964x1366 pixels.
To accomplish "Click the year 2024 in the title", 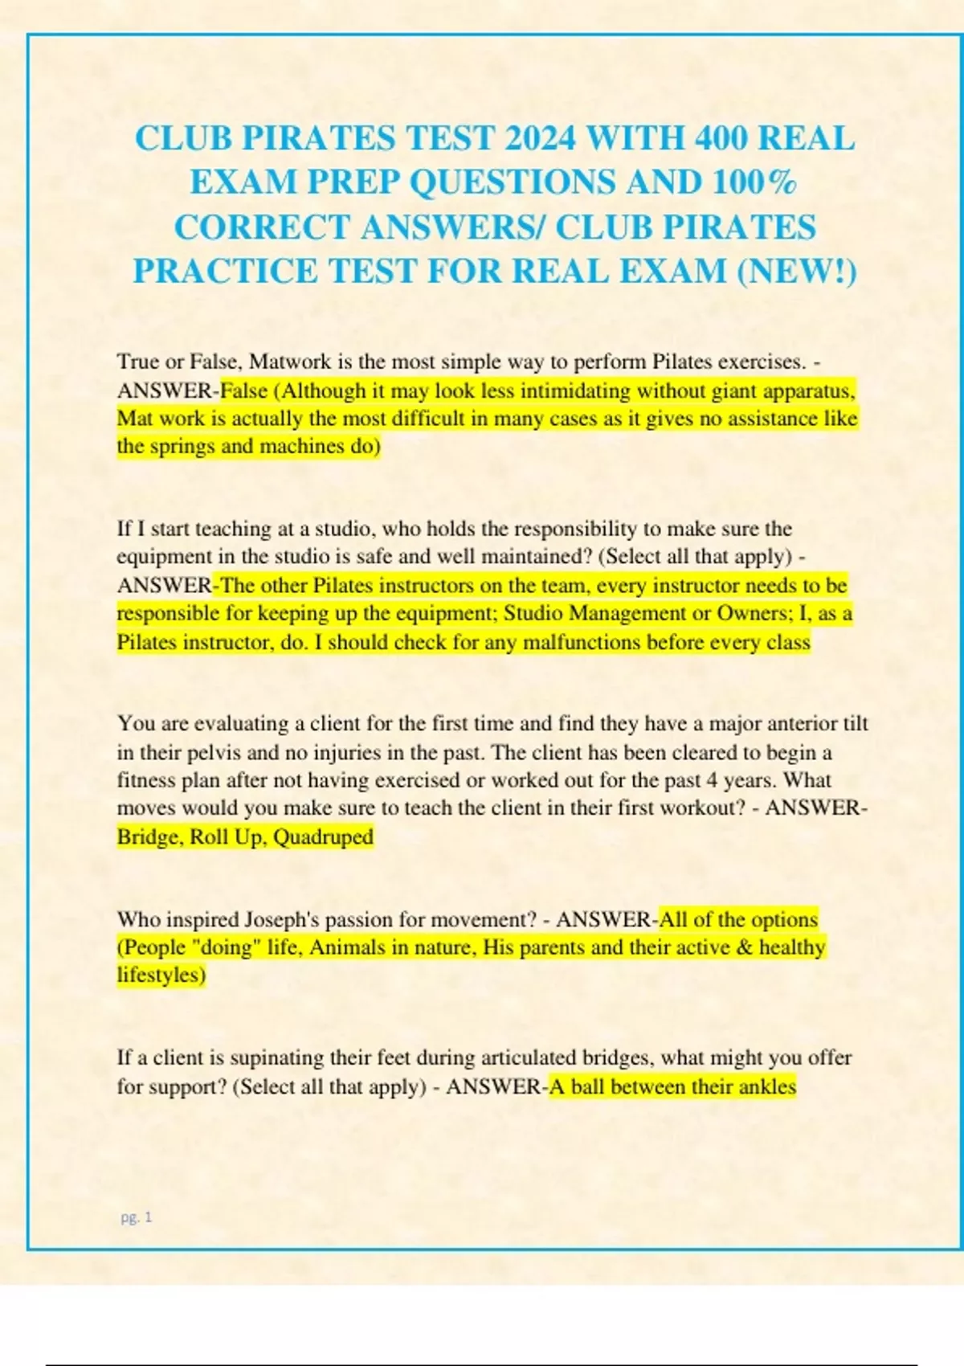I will point(540,138).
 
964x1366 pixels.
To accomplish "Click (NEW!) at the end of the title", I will point(797,271).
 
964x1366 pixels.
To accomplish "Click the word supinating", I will point(276,1057).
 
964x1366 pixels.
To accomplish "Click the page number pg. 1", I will point(136,1217).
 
